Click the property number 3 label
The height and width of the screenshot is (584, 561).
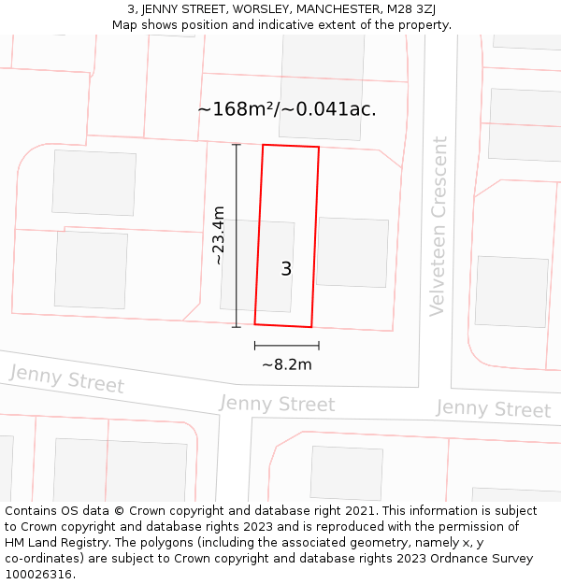click(286, 269)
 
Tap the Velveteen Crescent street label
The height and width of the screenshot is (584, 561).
click(438, 227)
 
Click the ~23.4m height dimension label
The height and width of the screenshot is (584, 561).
click(219, 235)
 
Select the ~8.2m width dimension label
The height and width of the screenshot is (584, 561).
click(286, 364)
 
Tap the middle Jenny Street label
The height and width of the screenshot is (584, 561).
click(276, 404)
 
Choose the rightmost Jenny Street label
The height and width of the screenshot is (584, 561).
click(493, 409)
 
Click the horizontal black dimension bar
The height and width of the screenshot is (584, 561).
click(286, 346)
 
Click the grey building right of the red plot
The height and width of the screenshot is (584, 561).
click(352, 252)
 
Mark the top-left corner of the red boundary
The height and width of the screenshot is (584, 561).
click(264, 145)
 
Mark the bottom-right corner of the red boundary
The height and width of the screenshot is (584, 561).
click(311, 327)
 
